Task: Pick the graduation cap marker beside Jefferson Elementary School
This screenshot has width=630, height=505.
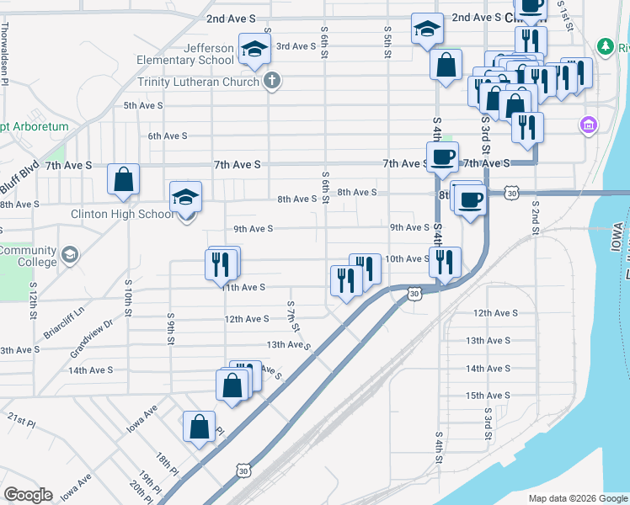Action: click(x=254, y=49)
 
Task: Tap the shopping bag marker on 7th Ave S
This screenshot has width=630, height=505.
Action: click(x=124, y=179)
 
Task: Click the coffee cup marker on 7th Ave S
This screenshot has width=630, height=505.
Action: click(x=442, y=157)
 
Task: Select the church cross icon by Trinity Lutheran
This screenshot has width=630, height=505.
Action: click(x=271, y=81)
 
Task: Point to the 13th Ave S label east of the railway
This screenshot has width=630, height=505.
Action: click(x=488, y=341)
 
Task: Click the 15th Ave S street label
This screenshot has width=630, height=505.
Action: click(x=488, y=396)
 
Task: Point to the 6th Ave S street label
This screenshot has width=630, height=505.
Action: click(x=167, y=136)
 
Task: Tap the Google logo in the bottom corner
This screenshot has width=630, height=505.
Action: click(x=28, y=495)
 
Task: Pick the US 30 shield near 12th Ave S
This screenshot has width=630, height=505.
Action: click(x=414, y=294)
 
